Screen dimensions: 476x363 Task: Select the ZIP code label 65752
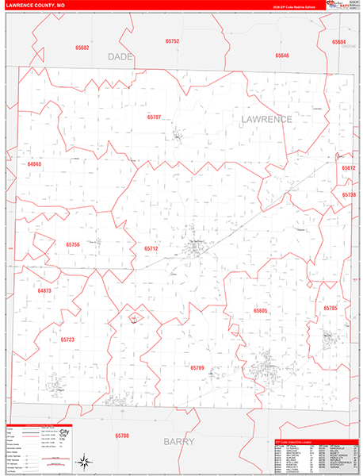[x=172, y=40]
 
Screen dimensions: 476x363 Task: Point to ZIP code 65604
[x=338, y=41]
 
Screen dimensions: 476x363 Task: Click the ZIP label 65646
[x=282, y=56]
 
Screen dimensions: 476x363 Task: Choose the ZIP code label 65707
[x=154, y=117]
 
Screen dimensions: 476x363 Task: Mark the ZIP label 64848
[x=34, y=163]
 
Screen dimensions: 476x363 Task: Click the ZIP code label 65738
[x=349, y=194]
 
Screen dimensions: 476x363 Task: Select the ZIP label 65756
[x=73, y=244]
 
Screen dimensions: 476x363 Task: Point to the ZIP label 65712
[x=151, y=248]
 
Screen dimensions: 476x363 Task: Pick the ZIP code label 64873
[x=44, y=290]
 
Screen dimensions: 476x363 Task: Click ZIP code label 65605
[x=260, y=311]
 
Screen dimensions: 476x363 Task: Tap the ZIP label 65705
[x=331, y=308]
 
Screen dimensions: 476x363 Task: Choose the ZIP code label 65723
[x=67, y=340]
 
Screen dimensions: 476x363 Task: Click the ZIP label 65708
[x=121, y=436]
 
